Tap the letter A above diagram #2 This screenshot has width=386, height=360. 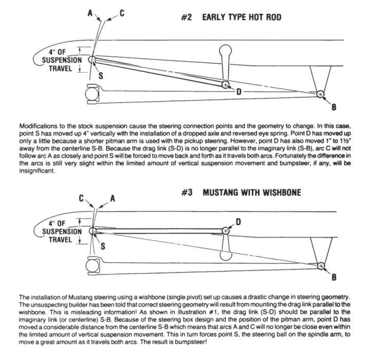tap(90, 13)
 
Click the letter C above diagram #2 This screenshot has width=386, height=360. tap(121, 13)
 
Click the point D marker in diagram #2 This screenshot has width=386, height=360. tap(226, 85)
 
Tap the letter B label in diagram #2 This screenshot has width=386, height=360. tap(334, 107)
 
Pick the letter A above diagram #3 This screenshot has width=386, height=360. tap(113, 198)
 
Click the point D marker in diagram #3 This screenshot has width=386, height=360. tap(226, 230)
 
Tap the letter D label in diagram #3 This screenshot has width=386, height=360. tap(238, 222)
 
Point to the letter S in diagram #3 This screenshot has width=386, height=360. tap(102, 247)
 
